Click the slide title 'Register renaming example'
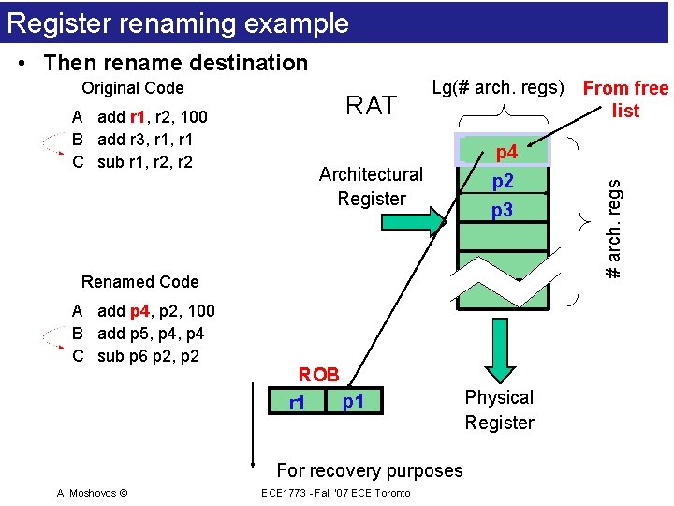tap(178, 23)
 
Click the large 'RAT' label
tap(372, 106)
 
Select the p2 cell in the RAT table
tap(504, 181)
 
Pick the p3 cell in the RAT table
tap(504, 211)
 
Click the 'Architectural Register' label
tap(372, 186)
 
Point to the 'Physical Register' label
tap(499, 410)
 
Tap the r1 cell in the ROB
tap(297, 404)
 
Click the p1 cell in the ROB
tap(353, 402)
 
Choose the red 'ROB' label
tap(318, 375)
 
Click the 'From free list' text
tap(625, 99)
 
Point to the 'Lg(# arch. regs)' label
tap(498, 88)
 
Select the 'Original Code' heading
tap(133, 88)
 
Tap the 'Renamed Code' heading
tap(140, 282)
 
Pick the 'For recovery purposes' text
tap(370, 470)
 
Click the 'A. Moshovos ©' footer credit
tap(92, 493)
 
